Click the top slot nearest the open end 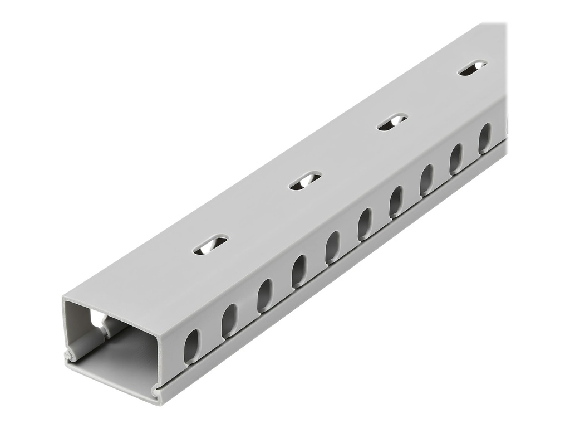point(210,245)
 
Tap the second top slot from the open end point(305,181)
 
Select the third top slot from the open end point(392,121)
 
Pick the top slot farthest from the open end point(471,67)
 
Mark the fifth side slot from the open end point(332,247)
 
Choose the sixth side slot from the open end point(365,223)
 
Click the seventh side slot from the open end point(396,201)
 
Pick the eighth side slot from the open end point(426,179)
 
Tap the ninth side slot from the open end point(456,158)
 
